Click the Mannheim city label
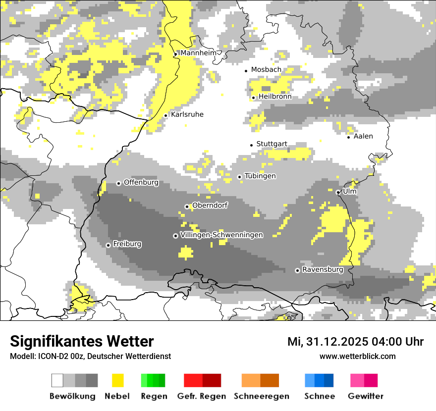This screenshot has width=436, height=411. (x=198, y=53)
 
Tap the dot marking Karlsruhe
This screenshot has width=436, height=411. (x=166, y=115)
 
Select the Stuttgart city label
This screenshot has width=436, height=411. (x=272, y=144)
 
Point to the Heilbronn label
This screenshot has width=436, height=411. (x=275, y=97)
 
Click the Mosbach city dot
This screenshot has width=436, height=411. (x=246, y=71)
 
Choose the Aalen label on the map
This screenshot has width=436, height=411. (x=363, y=136)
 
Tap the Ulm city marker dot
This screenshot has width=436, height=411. (x=338, y=192)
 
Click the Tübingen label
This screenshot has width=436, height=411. (x=260, y=176)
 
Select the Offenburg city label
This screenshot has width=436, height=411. (x=141, y=182)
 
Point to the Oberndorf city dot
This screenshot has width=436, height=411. (x=187, y=206)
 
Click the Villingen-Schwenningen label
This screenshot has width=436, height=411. (x=221, y=235)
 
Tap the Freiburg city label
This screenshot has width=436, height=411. (x=127, y=244)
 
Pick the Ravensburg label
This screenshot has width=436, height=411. (x=323, y=270)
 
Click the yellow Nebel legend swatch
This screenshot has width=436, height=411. (x=117, y=380)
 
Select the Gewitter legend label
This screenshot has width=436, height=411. (x=365, y=396)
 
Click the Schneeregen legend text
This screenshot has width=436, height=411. (x=261, y=396)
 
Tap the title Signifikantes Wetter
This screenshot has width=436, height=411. (x=82, y=341)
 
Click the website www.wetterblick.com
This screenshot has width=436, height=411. (x=357, y=356)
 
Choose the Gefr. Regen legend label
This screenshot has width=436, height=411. (x=201, y=396)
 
